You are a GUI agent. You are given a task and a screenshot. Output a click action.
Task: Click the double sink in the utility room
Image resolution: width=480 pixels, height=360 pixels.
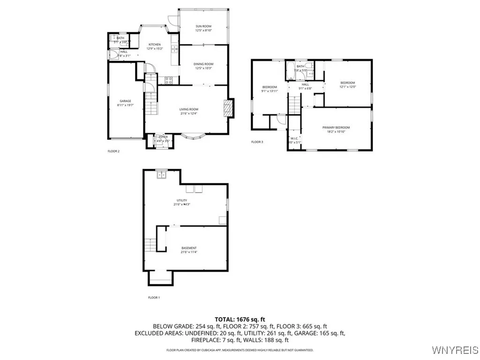click(162, 175)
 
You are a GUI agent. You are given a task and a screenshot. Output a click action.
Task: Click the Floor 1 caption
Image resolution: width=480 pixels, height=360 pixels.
click(154, 298)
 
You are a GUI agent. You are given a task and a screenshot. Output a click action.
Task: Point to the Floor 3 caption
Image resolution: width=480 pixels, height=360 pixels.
click(257, 142)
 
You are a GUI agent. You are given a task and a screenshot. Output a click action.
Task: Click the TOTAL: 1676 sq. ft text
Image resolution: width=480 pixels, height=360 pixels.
click(240, 319)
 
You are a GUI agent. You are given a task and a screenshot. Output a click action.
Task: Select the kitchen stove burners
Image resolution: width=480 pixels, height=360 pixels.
click(169, 79)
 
